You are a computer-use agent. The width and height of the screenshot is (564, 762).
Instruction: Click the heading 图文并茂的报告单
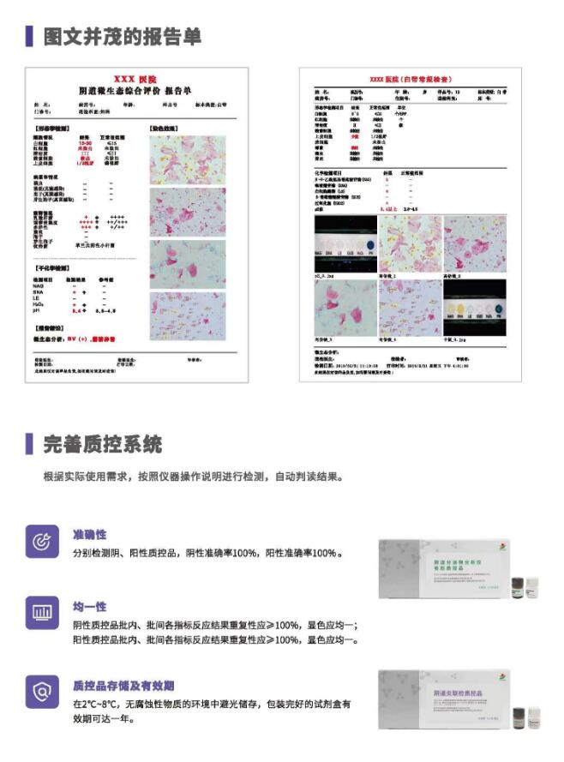(123, 36)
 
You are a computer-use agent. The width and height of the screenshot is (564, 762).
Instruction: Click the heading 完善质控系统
(102, 444)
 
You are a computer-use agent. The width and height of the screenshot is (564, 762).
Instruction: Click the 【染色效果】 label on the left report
(165, 129)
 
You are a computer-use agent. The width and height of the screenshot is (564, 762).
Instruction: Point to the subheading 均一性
(90, 606)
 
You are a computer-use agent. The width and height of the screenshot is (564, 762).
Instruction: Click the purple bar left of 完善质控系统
(29, 444)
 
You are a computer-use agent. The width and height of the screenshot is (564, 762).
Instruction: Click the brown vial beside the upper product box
(518, 586)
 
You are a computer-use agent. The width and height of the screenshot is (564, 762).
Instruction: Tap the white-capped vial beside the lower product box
(532, 718)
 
